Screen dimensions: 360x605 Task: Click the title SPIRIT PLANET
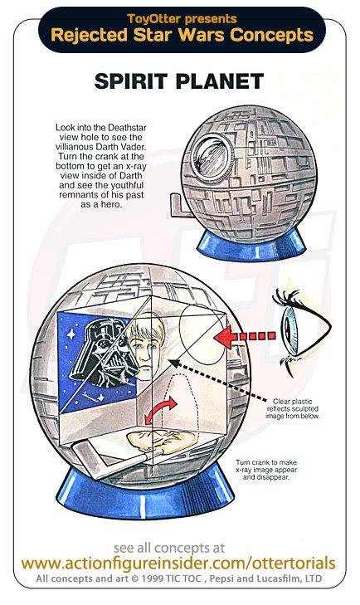click(179, 81)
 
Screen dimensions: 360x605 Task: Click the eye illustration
click(302, 328)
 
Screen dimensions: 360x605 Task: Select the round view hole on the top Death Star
click(212, 154)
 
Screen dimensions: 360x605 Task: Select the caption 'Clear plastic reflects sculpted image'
click(293, 408)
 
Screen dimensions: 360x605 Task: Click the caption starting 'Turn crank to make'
click(266, 470)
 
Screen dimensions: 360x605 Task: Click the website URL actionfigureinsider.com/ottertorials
click(178, 564)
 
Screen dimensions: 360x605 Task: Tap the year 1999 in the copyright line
click(154, 578)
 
